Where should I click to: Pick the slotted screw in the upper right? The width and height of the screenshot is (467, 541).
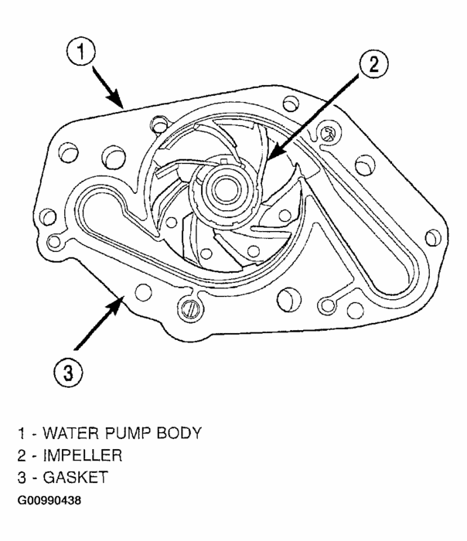(x=329, y=133)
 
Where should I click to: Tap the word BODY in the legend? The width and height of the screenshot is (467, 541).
(x=179, y=434)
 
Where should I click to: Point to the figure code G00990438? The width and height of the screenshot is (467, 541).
(x=53, y=500)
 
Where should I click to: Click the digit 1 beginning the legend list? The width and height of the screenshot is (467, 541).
(x=18, y=434)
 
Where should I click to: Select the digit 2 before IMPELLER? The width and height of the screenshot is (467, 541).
(x=18, y=456)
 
